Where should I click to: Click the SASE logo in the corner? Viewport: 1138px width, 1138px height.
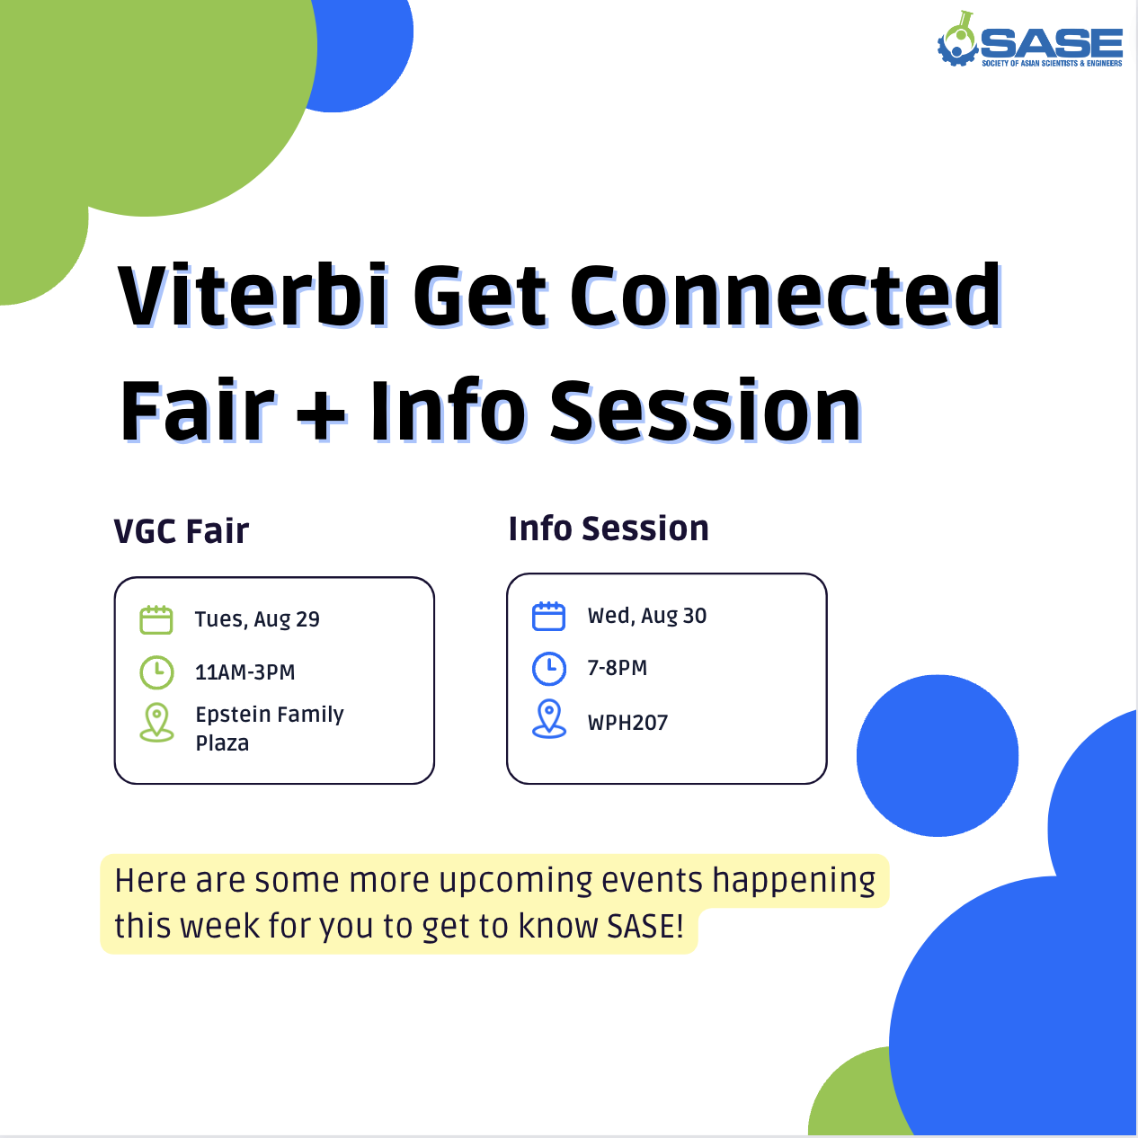pos(1029,39)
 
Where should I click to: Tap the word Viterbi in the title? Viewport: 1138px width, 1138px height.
pos(253,295)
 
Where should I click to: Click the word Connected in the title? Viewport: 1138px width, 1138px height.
pos(786,295)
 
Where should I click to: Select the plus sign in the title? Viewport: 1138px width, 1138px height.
pos(321,412)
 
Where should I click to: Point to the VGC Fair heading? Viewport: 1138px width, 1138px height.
pos(182,530)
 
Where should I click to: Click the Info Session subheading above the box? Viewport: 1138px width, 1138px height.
pos(609,528)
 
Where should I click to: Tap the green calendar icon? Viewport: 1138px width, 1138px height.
pos(156,619)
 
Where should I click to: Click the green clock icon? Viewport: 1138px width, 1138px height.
pos(156,672)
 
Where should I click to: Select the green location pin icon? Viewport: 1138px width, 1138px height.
pos(156,722)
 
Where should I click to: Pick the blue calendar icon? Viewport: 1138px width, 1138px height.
pos(548,616)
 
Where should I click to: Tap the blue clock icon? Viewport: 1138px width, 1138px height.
pos(549,669)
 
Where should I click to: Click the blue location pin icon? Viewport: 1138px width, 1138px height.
pos(549,719)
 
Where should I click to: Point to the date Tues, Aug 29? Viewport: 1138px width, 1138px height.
pos(257,619)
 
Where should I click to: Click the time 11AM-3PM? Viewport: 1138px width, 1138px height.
pos(245,672)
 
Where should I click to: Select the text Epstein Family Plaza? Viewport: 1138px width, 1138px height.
pos(270,728)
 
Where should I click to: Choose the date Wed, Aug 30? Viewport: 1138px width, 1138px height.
pos(647,616)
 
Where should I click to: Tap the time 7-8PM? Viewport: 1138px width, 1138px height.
pos(618,668)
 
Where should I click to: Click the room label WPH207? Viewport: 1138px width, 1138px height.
pos(627,723)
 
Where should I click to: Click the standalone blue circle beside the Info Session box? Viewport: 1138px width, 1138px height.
pos(938,755)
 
